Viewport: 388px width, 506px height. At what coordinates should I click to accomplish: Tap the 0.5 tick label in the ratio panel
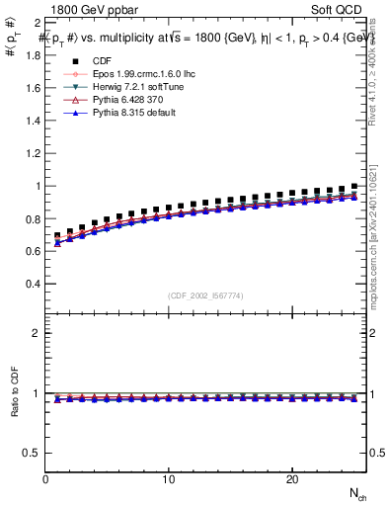(33, 453)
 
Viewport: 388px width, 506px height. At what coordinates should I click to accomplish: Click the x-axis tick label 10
(169, 479)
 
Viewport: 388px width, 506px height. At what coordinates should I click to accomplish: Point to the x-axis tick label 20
(291, 479)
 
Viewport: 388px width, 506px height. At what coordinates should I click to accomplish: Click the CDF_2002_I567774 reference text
(206, 295)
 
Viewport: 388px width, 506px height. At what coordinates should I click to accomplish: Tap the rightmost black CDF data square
(353, 186)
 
